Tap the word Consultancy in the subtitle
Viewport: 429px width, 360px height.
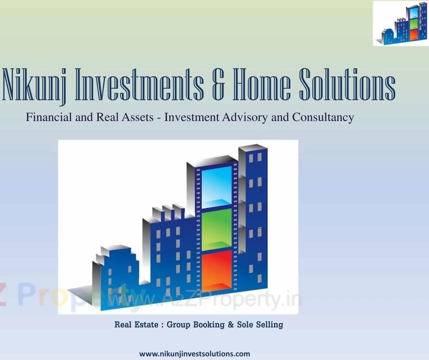click(x=323, y=118)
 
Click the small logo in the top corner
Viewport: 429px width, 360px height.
click(x=401, y=23)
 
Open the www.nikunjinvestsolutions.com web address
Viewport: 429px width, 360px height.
click(x=195, y=354)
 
